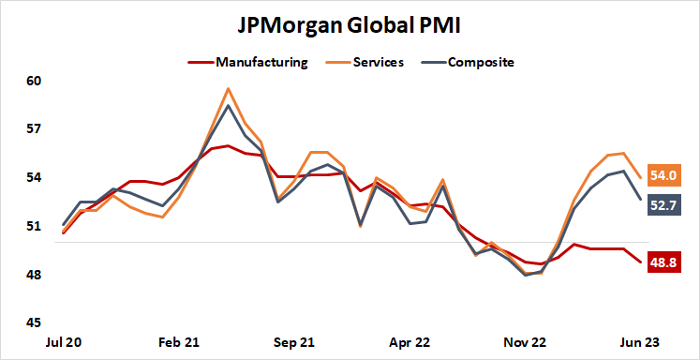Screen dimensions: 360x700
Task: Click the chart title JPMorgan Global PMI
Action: pos(350,22)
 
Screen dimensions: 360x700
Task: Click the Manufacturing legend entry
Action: pos(261,63)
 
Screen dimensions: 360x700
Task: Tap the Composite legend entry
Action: pos(481,63)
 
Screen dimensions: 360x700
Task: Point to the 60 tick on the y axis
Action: pos(35,81)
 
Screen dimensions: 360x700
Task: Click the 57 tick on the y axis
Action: pos(35,128)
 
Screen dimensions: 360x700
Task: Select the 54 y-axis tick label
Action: pos(35,177)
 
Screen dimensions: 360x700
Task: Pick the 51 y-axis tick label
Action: pos(35,226)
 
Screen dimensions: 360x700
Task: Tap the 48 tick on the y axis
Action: pos(35,275)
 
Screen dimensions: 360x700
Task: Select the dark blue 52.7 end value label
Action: pos(666,204)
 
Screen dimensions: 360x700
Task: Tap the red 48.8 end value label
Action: pos(666,263)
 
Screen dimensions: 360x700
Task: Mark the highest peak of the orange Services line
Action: pos(228,89)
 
